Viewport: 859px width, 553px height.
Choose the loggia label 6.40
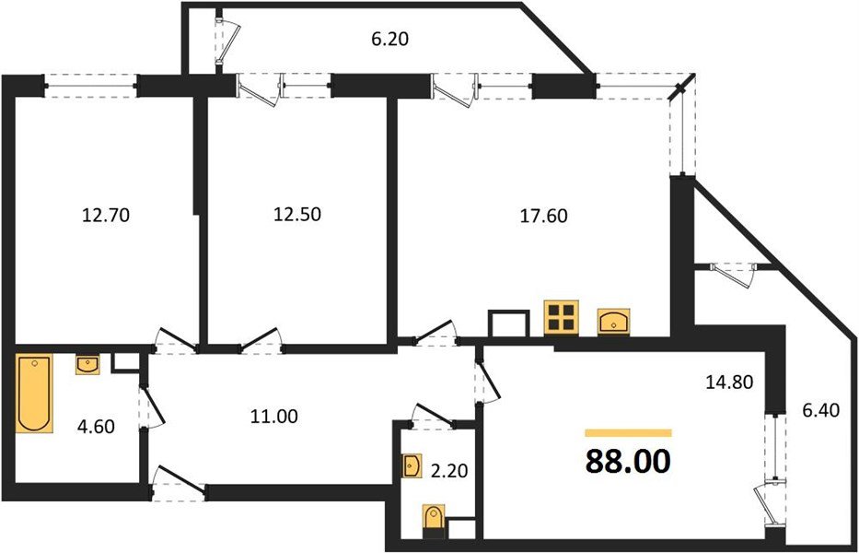816,407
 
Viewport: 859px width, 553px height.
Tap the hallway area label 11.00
274,416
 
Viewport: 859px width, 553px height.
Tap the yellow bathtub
34,394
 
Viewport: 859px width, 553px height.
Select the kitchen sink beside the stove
614,321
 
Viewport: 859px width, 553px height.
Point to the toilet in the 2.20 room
432,521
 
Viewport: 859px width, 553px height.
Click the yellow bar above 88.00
628,432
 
